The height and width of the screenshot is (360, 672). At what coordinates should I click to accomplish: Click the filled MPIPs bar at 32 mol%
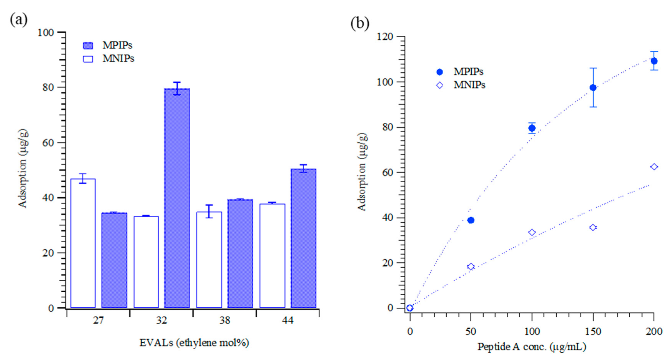[177, 198]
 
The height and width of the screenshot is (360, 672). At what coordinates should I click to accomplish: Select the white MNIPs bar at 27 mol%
[83, 243]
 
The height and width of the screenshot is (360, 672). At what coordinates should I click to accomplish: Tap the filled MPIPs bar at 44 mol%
[303, 238]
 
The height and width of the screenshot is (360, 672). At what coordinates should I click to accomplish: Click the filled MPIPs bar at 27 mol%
[114, 260]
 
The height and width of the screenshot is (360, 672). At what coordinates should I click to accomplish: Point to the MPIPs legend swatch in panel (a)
[88, 46]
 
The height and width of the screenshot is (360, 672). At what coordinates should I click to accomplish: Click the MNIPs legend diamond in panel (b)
[440, 85]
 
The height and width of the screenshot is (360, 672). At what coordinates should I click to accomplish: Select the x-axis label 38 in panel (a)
[225, 320]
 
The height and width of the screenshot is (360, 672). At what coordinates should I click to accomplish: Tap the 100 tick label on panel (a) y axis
[45, 33]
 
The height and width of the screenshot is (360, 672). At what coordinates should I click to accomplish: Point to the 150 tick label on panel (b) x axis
[593, 332]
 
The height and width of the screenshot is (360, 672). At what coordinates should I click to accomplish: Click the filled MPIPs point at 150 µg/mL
[593, 88]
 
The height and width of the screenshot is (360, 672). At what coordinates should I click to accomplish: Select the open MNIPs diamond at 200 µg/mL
[654, 167]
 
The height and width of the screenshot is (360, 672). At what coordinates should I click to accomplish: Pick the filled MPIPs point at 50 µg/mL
[471, 220]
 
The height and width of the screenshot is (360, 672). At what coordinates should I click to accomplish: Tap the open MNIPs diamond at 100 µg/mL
[532, 232]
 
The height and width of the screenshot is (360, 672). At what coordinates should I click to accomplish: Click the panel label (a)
[18, 19]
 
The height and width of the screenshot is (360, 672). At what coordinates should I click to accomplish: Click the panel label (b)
[360, 24]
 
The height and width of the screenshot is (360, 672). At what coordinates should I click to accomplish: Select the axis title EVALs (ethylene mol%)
[194, 343]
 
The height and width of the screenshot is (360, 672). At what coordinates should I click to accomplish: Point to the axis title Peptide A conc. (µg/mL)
[532, 347]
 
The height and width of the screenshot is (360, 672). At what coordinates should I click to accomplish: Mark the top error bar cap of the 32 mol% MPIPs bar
[177, 82]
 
